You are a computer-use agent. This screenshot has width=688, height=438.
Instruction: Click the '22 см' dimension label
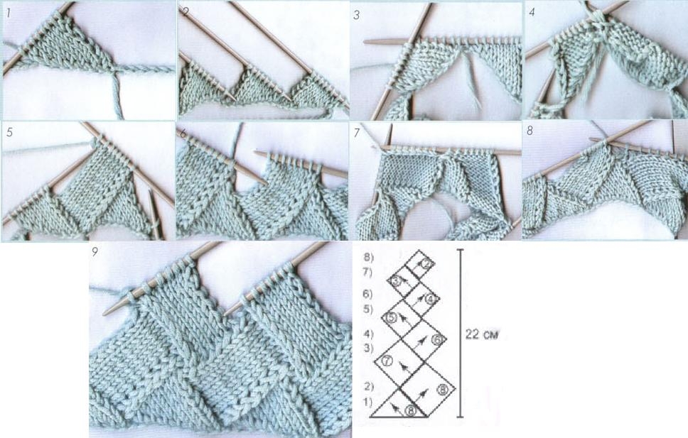pyautogui.click(x=482, y=335)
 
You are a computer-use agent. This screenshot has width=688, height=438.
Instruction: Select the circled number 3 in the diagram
pyautogui.click(x=396, y=280)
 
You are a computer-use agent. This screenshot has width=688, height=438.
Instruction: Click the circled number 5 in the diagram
pyautogui.click(x=391, y=317)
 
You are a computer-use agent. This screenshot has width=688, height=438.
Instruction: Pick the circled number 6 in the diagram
pyautogui.click(x=437, y=339)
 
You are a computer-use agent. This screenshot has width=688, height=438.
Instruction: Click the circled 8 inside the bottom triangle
pyautogui.click(x=411, y=410)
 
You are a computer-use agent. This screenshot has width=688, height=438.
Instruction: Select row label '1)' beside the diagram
pyautogui.click(x=367, y=401)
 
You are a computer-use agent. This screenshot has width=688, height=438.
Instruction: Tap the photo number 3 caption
pyautogui.click(x=357, y=15)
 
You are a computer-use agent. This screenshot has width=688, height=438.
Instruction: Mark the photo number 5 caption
pyautogui.click(x=10, y=132)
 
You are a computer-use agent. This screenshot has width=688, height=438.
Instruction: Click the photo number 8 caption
pyautogui.click(x=530, y=131)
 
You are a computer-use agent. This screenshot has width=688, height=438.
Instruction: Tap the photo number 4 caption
pyautogui.click(x=532, y=13)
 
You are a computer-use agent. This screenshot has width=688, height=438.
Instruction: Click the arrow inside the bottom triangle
pyautogui.click(x=395, y=409)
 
